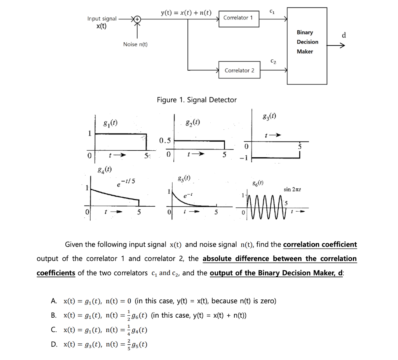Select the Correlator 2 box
click(x=239, y=70)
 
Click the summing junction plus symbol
click(x=137, y=19)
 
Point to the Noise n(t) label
click(x=135, y=44)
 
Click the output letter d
click(x=343, y=36)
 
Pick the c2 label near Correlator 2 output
click(x=273, y=62)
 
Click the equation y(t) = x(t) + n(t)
click(x=186, y=13)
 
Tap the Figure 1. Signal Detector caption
click(x=196, y=100)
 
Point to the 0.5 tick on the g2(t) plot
click(x=165, y=140)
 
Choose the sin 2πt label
click(x=293, y=190)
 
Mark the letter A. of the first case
click(x=54, y=301)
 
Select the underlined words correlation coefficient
click(x=320, y=244)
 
